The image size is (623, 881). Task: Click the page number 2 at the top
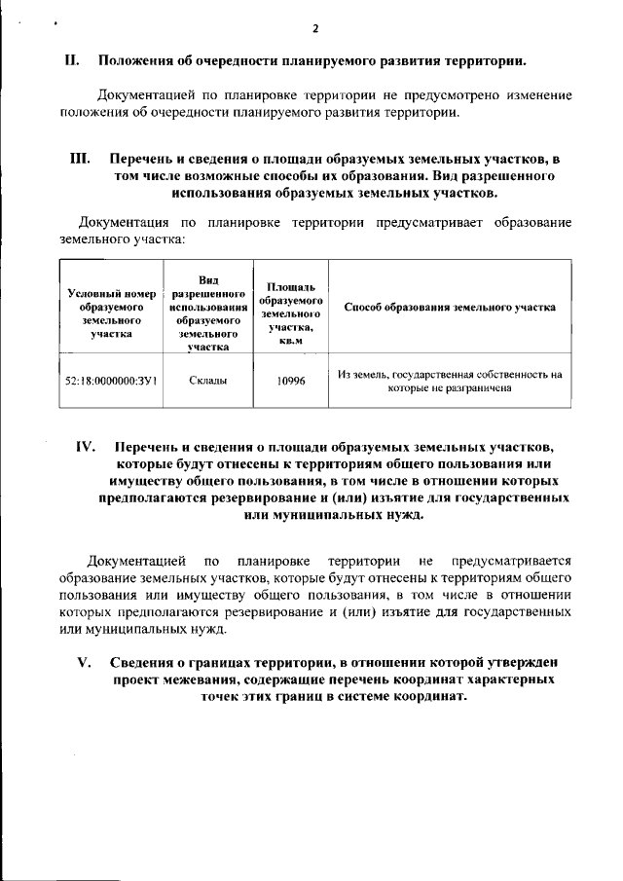pos(314,27)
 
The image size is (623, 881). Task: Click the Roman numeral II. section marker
pos(71,61)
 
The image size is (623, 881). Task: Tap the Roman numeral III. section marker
pos(80,158)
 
